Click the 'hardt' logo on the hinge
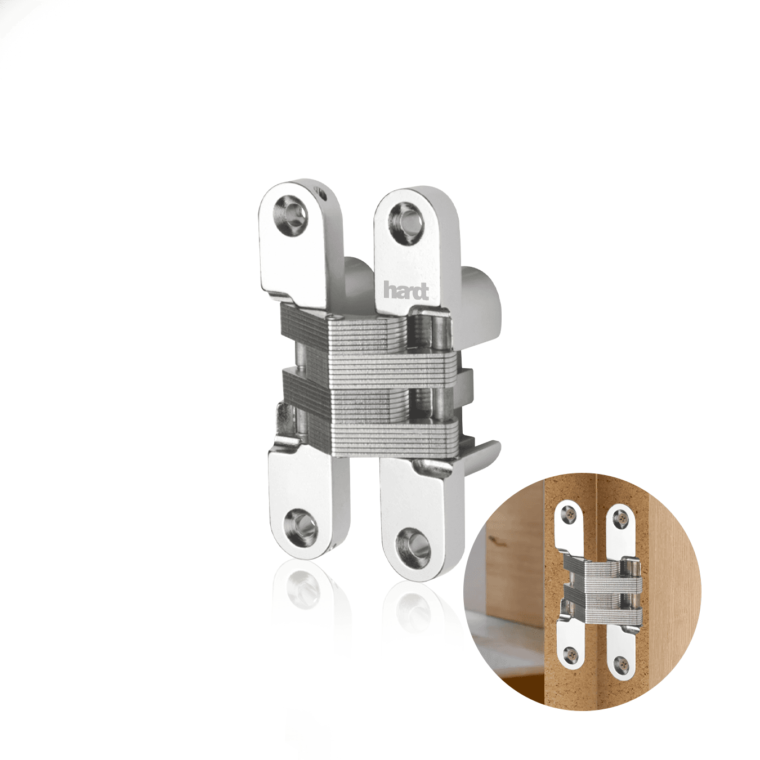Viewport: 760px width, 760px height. point(406,292)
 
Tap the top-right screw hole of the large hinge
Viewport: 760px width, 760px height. point(406,218)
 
